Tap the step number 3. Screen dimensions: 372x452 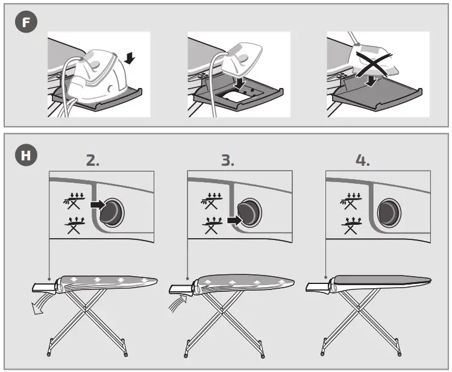pos(227,161)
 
